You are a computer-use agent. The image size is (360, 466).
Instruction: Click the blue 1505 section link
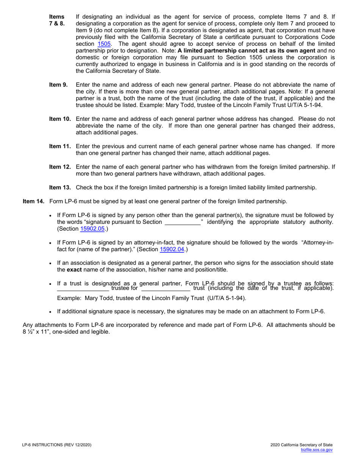tap(104, 44)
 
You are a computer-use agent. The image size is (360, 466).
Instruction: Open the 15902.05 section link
tap(92, 228)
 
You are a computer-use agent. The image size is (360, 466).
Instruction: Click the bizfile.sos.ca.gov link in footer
tap(316, 450)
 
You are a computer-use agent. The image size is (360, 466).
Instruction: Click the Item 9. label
tap(58, 84)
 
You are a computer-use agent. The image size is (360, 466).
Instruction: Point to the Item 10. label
tap(60, 119)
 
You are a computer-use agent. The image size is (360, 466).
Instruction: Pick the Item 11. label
tap(60, 146)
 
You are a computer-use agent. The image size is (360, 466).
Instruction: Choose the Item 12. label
tap(60, 167)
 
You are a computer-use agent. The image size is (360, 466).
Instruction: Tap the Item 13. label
tap(60, 187)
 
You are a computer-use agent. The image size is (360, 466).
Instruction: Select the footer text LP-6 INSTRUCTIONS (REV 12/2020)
tap(57, 445)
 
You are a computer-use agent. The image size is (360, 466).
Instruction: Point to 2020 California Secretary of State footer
tap(302, 445)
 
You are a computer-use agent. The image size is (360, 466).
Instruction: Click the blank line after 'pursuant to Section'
tap(183, 222)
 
